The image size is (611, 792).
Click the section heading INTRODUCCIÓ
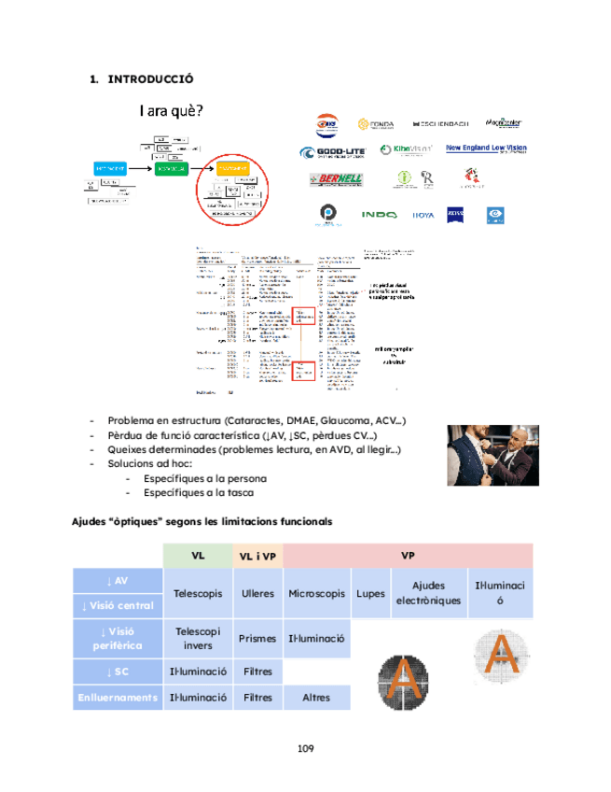(x=149, y=79)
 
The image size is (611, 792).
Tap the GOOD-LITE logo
(x=332, y=153)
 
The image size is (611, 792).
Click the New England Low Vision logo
(x=486, y=148)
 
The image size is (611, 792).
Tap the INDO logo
(x=380, y=215)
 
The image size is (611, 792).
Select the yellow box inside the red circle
(x=234, y=169)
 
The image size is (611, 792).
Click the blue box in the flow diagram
(x=110, y=167)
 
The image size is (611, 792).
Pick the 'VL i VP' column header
(x=257, y=556)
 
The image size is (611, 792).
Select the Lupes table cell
(x=369, y=593)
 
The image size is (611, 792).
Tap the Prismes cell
(x=257, y=639)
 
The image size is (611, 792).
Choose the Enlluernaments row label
(x=117, y=697)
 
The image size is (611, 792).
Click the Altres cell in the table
(x=316, y=697)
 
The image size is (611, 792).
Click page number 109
(x=305, y=748)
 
